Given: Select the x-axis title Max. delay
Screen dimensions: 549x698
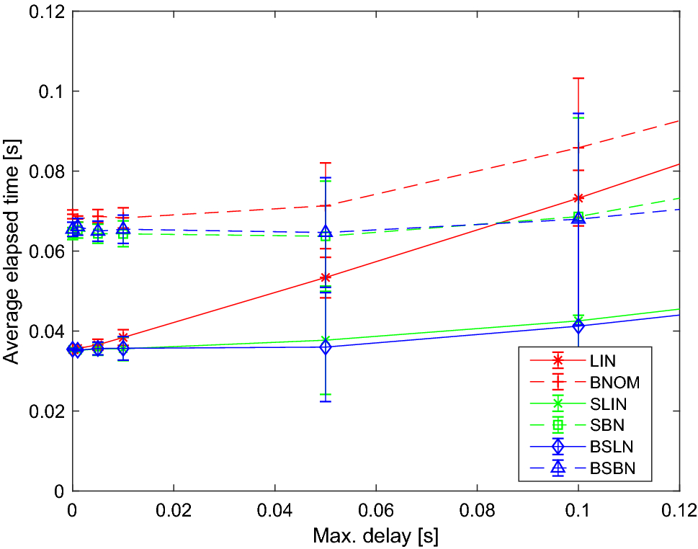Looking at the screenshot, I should pyautogui.click(x=375, y=537).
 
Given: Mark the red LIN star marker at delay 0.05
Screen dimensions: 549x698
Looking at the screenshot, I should pyautogui.click(x=326, y=277).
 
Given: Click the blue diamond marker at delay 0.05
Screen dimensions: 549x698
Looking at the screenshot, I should pyautogui.click(x=326, y=347).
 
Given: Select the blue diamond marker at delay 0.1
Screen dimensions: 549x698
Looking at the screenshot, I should pyautogui.click(x=578, y=326).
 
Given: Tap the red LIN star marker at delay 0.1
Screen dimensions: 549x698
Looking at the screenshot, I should pyautogui.click(x=578, y=198).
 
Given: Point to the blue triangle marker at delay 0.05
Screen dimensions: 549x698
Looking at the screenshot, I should pyautogui.click(x=326, y=232).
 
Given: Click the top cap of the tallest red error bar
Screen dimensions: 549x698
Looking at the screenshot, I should pyautogui.click(x=578, y=78).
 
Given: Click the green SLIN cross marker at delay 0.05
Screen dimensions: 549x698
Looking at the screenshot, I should pyautogui.click(x=326, y=340).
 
